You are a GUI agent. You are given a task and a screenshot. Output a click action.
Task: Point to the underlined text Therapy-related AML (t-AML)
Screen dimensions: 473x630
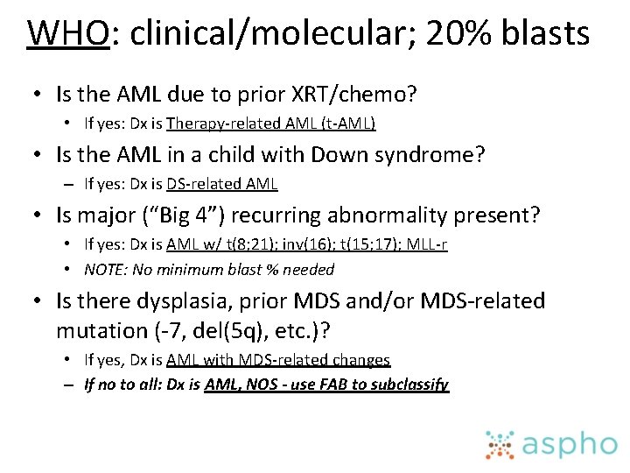tap(270, 124)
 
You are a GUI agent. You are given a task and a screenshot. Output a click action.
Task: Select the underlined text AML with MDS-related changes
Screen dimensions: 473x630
tap(278, 360)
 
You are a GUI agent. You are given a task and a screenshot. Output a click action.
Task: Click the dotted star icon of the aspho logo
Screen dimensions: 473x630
tap(500, 444)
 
